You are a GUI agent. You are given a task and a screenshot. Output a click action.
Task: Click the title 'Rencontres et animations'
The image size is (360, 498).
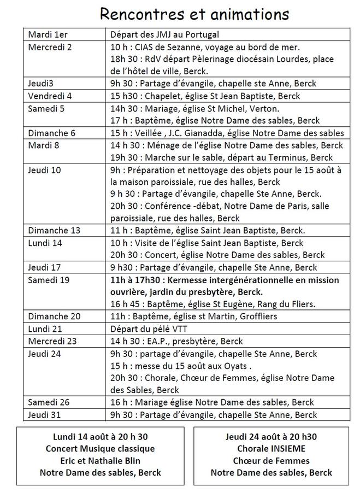pyautogui.click(x=195, y=13)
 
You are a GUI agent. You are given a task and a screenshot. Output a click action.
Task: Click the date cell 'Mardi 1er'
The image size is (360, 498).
pyautogui.click(x=46, y=34)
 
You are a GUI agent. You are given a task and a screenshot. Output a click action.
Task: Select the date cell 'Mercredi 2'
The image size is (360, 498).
pyautogui.click(x=50, y=46)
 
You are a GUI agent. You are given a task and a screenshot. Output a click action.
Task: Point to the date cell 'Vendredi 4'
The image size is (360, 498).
pyautogui.click(x=50, y=96)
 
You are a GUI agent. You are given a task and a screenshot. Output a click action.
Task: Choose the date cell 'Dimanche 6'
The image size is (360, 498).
pyautogui.click(x=52, y=133)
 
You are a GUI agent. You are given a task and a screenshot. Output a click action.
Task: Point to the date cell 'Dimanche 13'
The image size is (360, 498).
pyautogui.click(x=54, y=230)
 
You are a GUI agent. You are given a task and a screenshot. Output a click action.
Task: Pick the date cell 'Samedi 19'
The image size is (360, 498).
pyautogui.click(x=49, y=279)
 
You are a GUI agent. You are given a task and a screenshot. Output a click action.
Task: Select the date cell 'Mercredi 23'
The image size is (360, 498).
pyautogui.click(x=53, y=341)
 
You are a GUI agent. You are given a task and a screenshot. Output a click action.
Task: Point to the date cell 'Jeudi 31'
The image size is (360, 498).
pyautogui.click(x=44, y=415)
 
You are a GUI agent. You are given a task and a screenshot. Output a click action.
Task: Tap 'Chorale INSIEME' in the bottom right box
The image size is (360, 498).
pyautogui.click(x=271, y=449)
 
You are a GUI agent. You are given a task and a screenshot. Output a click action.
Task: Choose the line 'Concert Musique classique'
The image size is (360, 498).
pyautogui.click(x=101, y=449)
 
